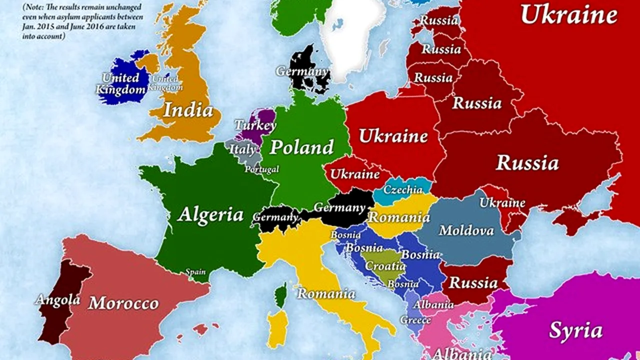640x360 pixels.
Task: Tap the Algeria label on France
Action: tap(210, 214)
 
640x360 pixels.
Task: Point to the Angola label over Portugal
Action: tap(57, 299)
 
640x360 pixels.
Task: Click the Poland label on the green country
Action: tap(301, 147)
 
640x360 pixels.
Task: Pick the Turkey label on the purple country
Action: tap(255, 125)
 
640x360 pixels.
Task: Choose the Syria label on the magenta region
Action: tap(575, 330)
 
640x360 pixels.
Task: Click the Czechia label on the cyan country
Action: tap(403, 189)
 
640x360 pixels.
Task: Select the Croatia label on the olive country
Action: tap(385, 266)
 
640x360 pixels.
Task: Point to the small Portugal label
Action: tap(261, 169)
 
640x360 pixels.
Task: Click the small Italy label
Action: tap(242, 149)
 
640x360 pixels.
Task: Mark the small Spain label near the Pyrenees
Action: tap(195, 272)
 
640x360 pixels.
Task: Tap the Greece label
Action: tap(415, 319)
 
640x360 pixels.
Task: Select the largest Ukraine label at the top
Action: tap(568, 14)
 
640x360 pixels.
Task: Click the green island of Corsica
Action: tap(281, 295)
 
